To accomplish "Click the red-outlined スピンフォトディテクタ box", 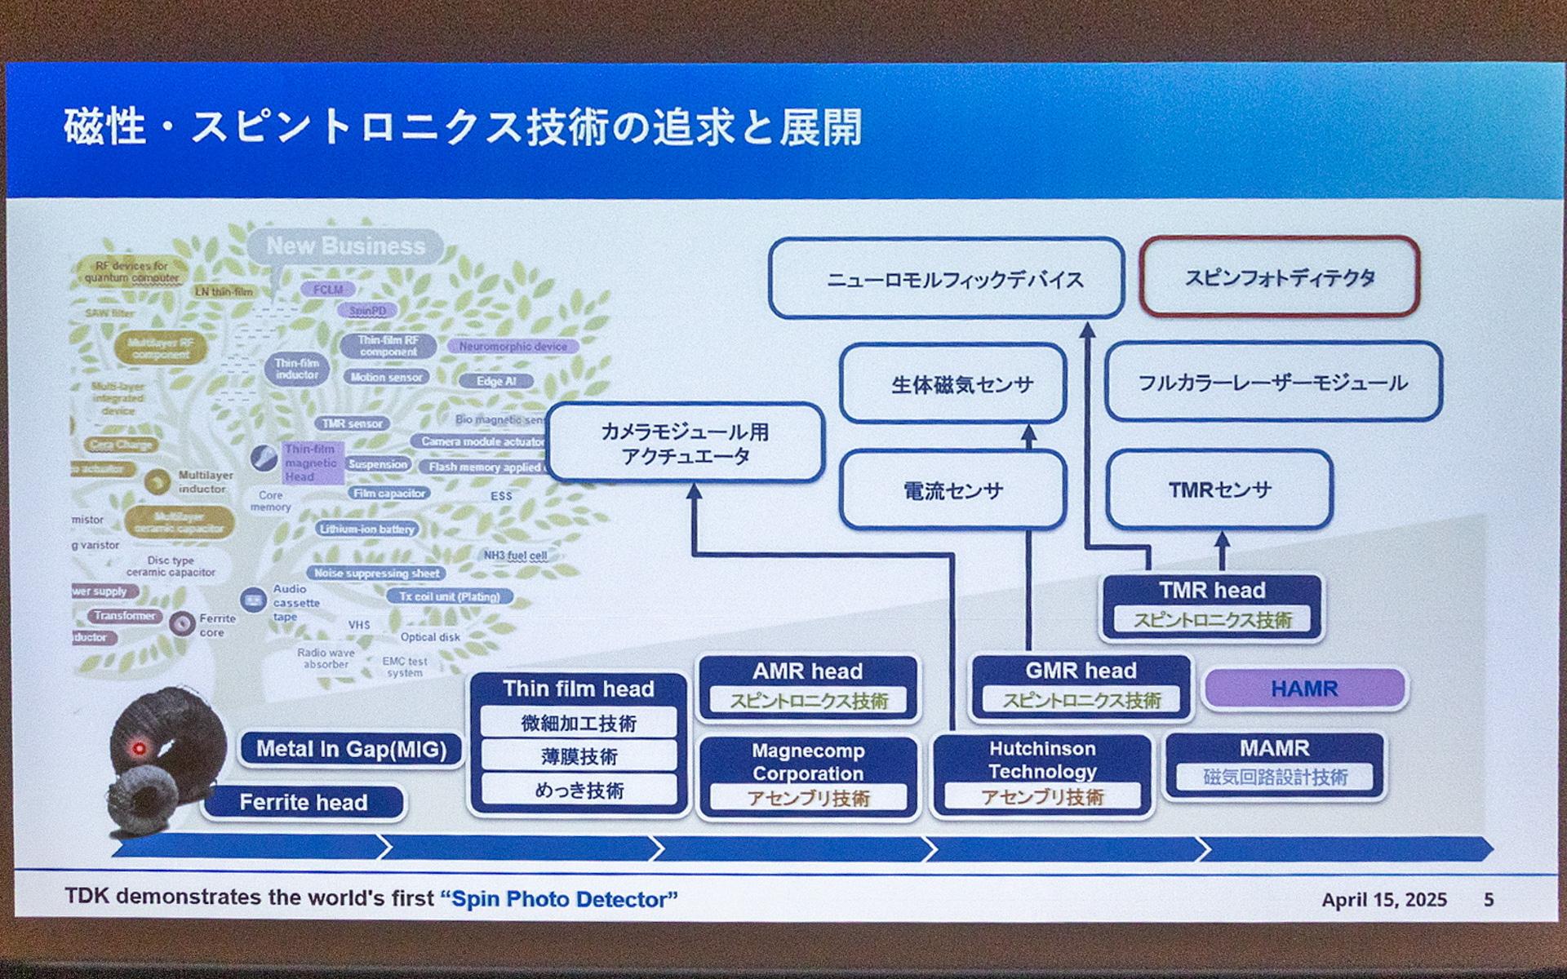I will pyautogui.click(x=1279, y=277).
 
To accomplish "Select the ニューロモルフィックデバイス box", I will pyautogui.click(x=946, y=279).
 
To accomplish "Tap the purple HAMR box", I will pyautogui.click(x=1304, y=689).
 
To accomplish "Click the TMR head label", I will pyautogui.click(x=1212, y=590).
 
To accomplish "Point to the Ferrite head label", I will pyautogui.click(x=304, y=802).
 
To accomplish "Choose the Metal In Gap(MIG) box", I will pyautogui.click(x=351, y=749).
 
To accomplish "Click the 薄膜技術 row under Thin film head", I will pyautogui.click(x=579, y=756).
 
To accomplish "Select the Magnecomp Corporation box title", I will pyautogui.click(x=808, y=761).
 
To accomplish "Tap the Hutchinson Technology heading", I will pyautogui.click(x=1042, y=760).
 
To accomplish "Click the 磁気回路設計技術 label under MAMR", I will pyautogui.click(x=1274, y=777).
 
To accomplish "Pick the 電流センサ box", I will pyautogui.click(x=952, y=490).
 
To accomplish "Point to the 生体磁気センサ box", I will pyautogui.click(x=952, y=383).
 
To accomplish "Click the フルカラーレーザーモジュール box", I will pyautogui.click(x=1272, y=382).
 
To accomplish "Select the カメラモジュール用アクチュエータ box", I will pyautogui.click(x=685, y=443).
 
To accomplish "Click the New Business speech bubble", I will pyautogui.click(x=345, y=246).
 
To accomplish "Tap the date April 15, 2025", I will pyautogui.click(x=1384, y=899).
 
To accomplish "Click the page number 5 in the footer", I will pyautogui.click(x=1489, y=899).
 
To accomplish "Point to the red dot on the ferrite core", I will pyautogui.click(x=139, y=748).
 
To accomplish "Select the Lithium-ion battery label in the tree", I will pyautogui.click(x=367, y=529).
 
